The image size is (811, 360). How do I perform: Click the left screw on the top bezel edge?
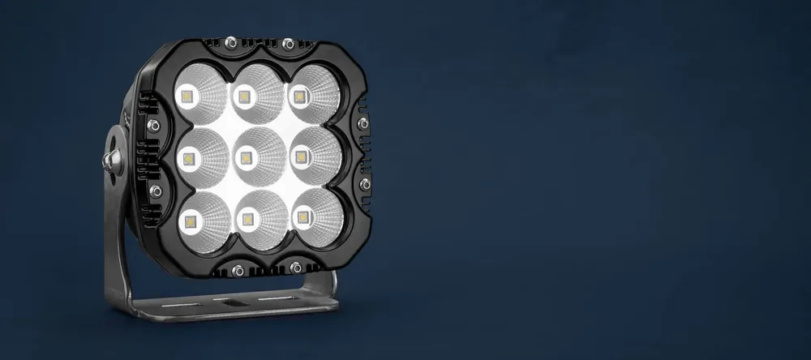[x=231, y=41]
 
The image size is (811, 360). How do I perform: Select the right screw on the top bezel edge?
[x=287, y=43]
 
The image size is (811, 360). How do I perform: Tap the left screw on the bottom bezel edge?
[x=238, y=270]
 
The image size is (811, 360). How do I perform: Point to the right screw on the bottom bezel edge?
[x=296, y=268]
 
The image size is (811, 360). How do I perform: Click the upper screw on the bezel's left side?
[x=152, y=126]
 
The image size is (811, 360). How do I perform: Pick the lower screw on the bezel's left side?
[x=156, y=191]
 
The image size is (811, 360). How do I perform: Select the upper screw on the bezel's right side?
[x=363, y=123]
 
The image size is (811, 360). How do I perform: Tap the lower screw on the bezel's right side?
[x=365, y=184]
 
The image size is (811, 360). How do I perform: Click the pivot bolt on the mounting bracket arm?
[x=110, y=159]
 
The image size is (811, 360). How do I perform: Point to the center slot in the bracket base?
[x=235, y=302]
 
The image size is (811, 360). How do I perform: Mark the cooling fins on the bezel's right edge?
[x=363, y=154]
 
